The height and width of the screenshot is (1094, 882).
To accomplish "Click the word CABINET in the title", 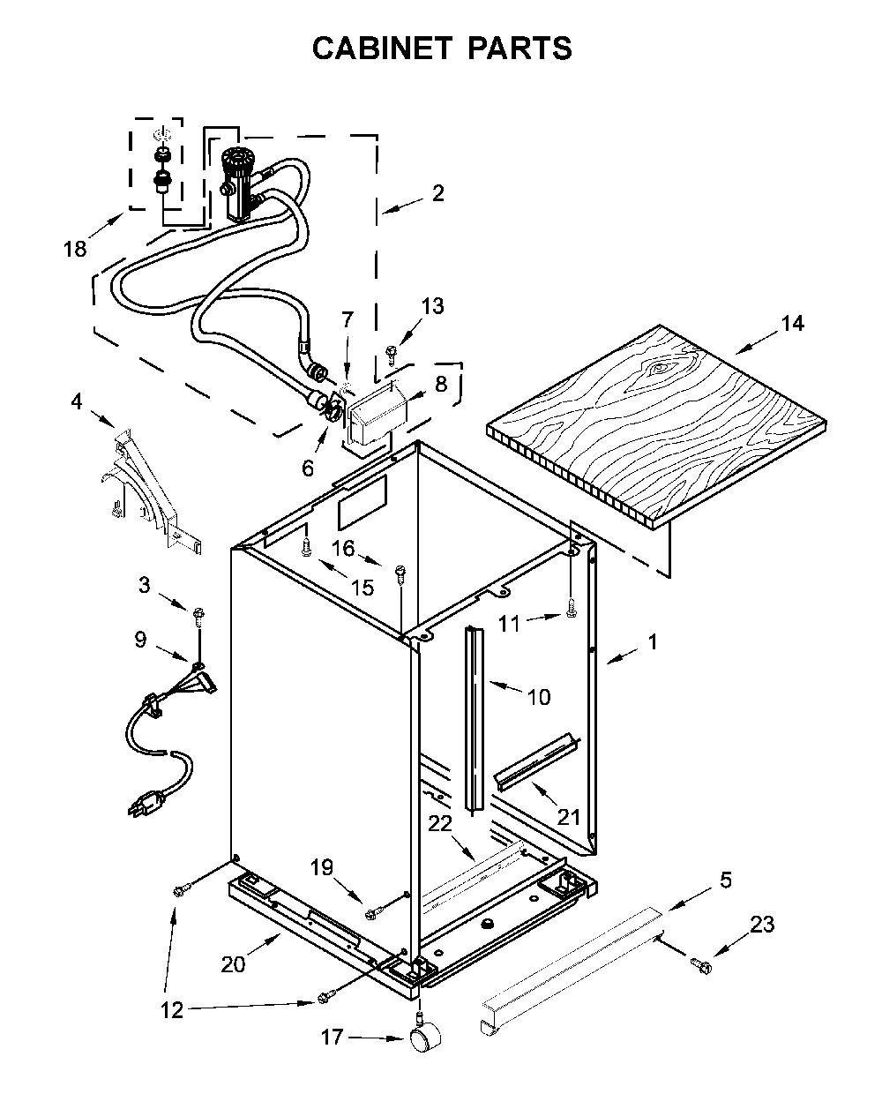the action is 382,49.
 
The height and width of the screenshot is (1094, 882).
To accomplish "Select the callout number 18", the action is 75,249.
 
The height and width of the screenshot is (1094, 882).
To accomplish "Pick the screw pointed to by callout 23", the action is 701,963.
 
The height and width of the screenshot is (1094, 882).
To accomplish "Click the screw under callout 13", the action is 392,354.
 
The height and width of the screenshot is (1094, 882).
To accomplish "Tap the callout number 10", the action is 539,697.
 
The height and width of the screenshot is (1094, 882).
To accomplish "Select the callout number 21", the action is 569,818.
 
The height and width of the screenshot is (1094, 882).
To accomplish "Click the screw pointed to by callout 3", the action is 198,618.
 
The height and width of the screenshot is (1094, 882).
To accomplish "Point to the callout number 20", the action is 234,964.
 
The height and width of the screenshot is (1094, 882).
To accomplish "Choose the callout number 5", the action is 725,880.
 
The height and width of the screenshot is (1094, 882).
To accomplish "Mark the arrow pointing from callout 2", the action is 402,206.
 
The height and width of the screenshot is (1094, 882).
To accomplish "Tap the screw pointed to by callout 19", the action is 370,915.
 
